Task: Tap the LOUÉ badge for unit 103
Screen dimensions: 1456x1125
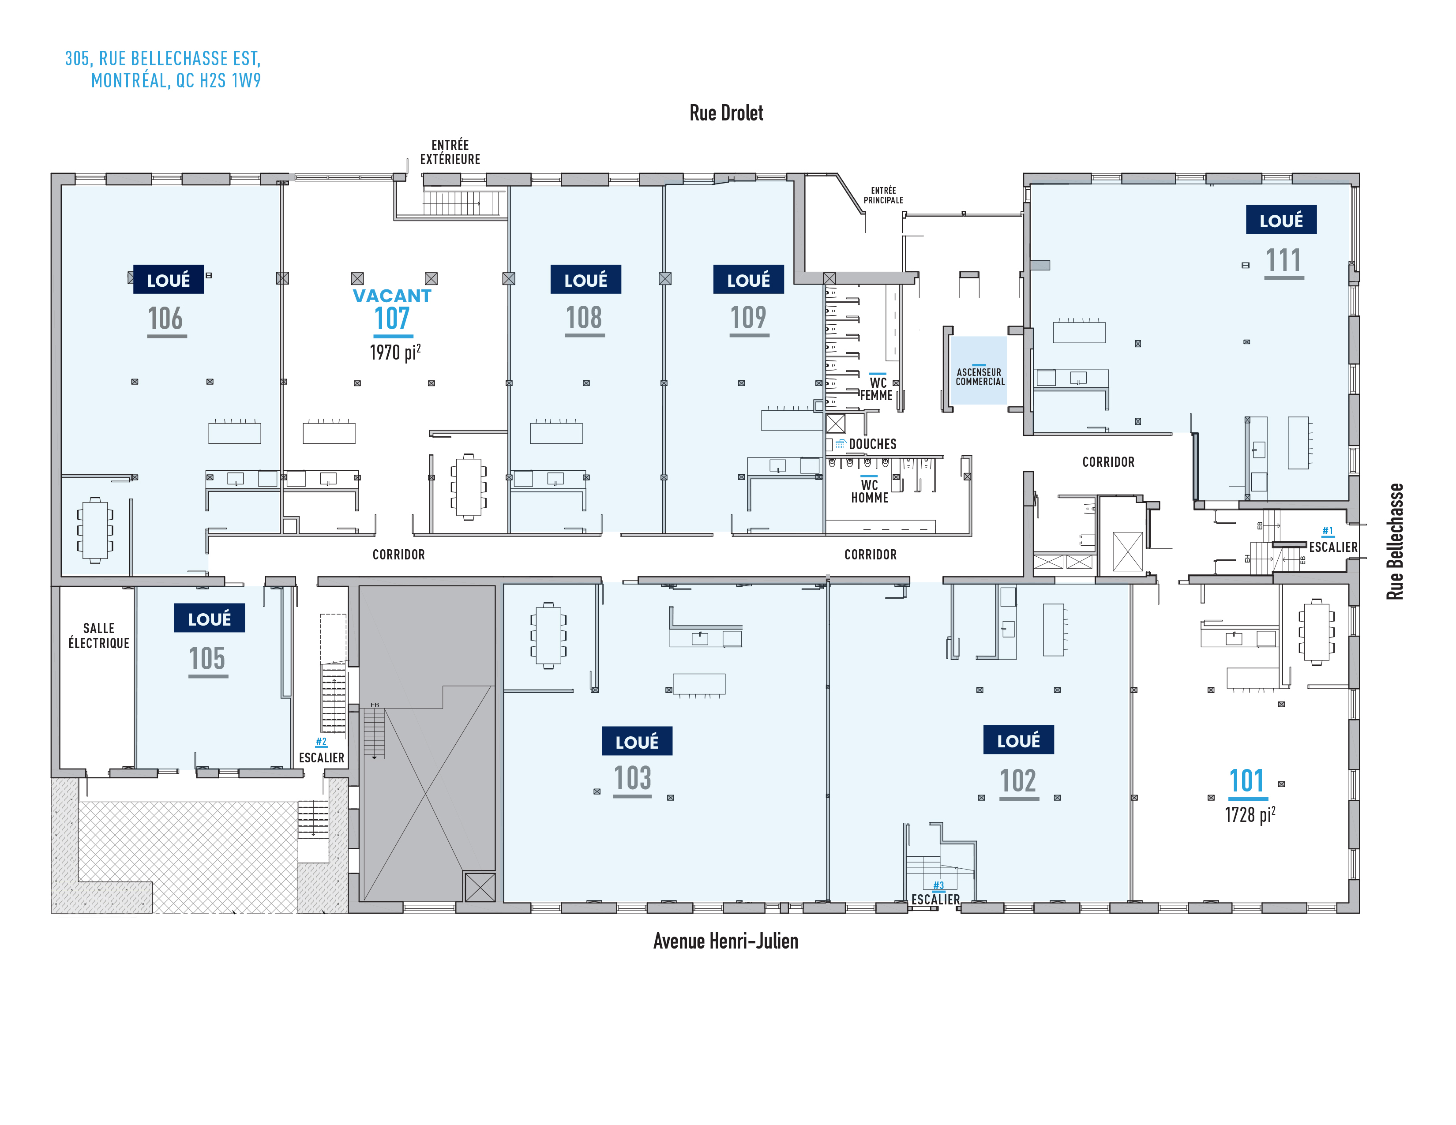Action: (637, 741)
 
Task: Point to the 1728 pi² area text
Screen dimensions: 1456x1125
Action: (1250, 814)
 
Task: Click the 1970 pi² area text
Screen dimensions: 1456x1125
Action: (395, 352)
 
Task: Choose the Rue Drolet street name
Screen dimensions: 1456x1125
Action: (726, 113)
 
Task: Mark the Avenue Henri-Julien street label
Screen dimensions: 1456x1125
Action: (725, 941)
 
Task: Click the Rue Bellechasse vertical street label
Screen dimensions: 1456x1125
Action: (1395, 541)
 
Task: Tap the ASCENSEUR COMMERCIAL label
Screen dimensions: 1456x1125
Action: (979, 377)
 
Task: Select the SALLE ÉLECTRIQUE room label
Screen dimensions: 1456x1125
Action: (99, 636)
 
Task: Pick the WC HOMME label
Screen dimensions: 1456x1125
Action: (869, 491)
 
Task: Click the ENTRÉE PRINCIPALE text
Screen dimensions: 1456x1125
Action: (883, 195)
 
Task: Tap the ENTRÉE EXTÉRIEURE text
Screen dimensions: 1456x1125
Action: (450, 152)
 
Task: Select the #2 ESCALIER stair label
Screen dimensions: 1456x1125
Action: (321, 751)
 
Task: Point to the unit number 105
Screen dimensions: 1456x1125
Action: (207, 659)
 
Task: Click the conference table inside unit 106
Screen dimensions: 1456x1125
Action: (95, 530)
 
